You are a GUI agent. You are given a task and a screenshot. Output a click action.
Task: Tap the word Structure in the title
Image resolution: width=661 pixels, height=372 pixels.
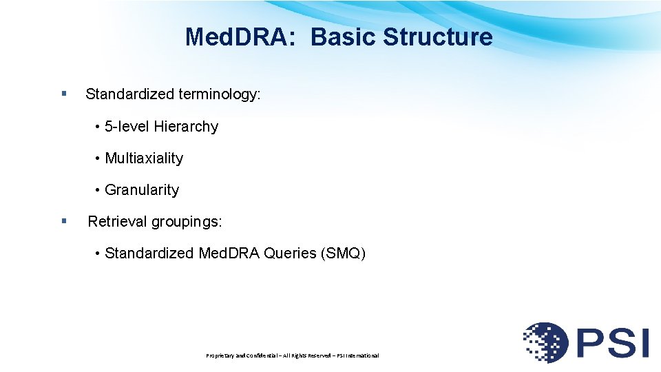coord(437,37)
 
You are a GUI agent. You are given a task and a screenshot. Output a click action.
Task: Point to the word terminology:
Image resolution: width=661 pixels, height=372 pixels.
coord(220,94)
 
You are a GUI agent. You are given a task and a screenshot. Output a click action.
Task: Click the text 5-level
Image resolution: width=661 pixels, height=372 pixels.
coord(127,127)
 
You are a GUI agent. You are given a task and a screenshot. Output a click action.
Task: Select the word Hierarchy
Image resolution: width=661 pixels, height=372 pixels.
coord(186,127)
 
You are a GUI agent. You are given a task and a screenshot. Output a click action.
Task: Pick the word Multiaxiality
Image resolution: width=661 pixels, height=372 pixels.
coord(144,158)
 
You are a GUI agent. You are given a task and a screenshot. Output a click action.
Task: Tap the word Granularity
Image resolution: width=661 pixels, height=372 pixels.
coord(142,190)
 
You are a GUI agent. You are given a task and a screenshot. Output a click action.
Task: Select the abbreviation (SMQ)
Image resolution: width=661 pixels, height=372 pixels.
coord(343,254)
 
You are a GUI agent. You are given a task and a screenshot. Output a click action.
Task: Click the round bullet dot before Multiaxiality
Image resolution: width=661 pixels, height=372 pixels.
coord(99,158)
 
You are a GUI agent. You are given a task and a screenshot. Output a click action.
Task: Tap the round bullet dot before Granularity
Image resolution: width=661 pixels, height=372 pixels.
coord(99,190)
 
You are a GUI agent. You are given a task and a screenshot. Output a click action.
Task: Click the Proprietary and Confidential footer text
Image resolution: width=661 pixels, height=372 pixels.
coord(293,355)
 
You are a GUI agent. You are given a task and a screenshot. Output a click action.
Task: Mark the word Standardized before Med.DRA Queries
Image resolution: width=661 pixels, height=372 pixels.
coord(149,254)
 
